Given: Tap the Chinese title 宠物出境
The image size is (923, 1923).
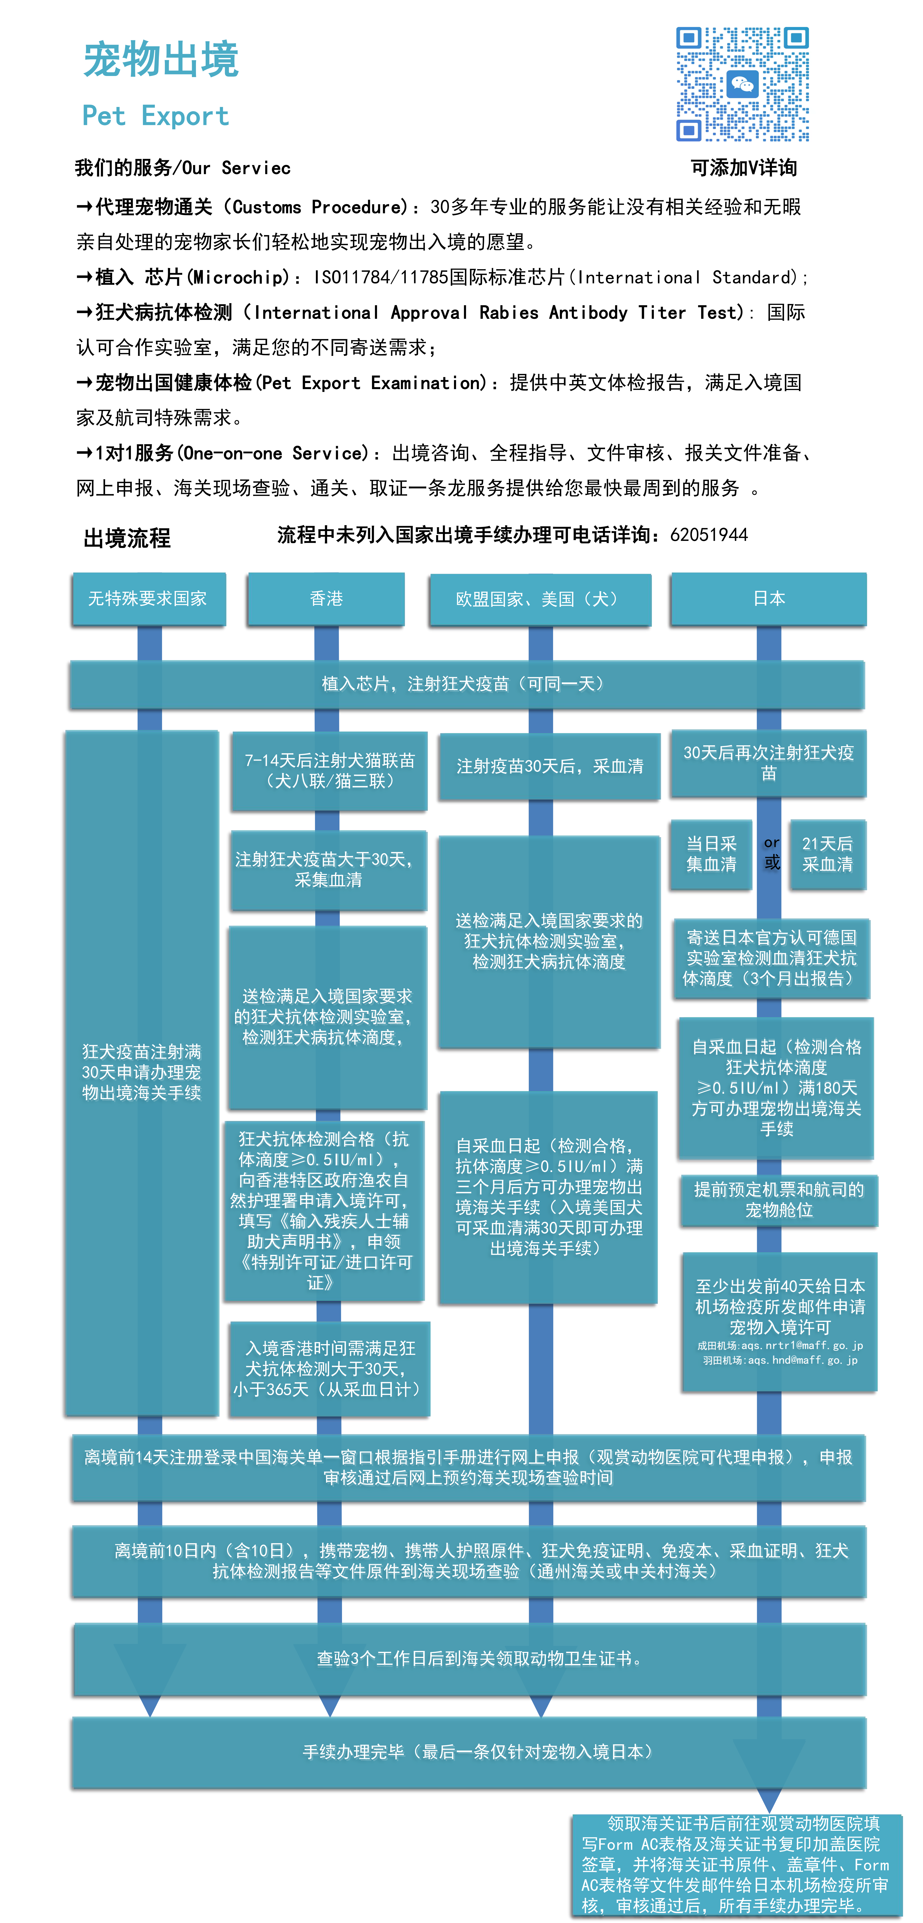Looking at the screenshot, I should [x=160, y=60].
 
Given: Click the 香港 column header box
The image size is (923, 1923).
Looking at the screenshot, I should [x=326, y=599].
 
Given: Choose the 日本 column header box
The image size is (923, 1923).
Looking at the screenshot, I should [x=768, y=599].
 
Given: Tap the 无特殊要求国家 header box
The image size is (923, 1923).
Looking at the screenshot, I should [x=148, y=599].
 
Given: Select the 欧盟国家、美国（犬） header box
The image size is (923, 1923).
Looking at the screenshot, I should [x=540, y=599].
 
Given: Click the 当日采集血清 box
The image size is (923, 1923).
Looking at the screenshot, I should [x=711, y=854].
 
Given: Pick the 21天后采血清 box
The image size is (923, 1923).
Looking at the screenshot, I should [x=827, y=854].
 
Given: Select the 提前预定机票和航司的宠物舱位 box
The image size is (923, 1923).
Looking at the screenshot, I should [x=778, y=1200].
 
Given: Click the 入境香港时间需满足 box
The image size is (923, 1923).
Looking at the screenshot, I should [x=329, y=1368].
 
